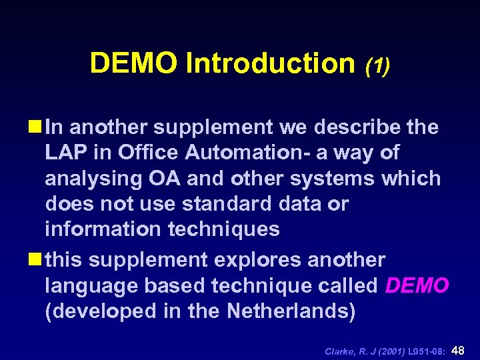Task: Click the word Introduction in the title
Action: pos(271,63)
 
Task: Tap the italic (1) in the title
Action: pos(377,65)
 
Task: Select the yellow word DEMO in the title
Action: pos(135,63)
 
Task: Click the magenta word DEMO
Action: pos(418,285)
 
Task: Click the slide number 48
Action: pos(460,349)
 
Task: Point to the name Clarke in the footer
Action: pos(339,351)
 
